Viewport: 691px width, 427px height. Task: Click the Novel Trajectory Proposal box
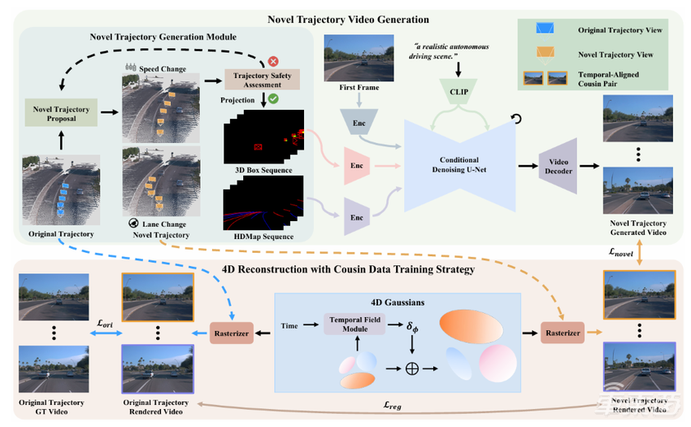click(60, 115)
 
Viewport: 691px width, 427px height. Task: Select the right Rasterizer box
click(563, 332)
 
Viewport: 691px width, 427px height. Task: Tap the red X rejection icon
click(273, 62)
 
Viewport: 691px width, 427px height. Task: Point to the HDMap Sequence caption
click(259, 236)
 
